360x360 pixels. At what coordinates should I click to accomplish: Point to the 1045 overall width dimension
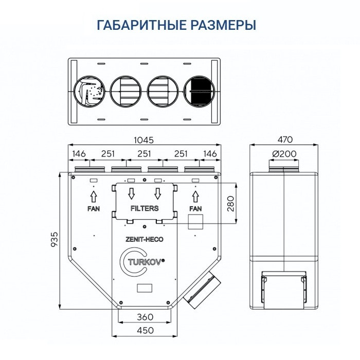[144, 140]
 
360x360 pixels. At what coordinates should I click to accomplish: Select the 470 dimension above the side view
[284, 140]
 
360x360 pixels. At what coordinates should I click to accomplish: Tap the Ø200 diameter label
[284, 154]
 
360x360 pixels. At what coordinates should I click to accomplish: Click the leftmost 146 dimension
[79, 154]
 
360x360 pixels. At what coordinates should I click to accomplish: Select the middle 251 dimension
[144, 154]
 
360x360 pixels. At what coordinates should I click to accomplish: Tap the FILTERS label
[144, 209]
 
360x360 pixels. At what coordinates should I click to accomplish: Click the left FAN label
[93, 209]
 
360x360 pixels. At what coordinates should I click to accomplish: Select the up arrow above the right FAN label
[195, 196]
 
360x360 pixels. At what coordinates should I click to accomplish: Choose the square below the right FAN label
[196, 222]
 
